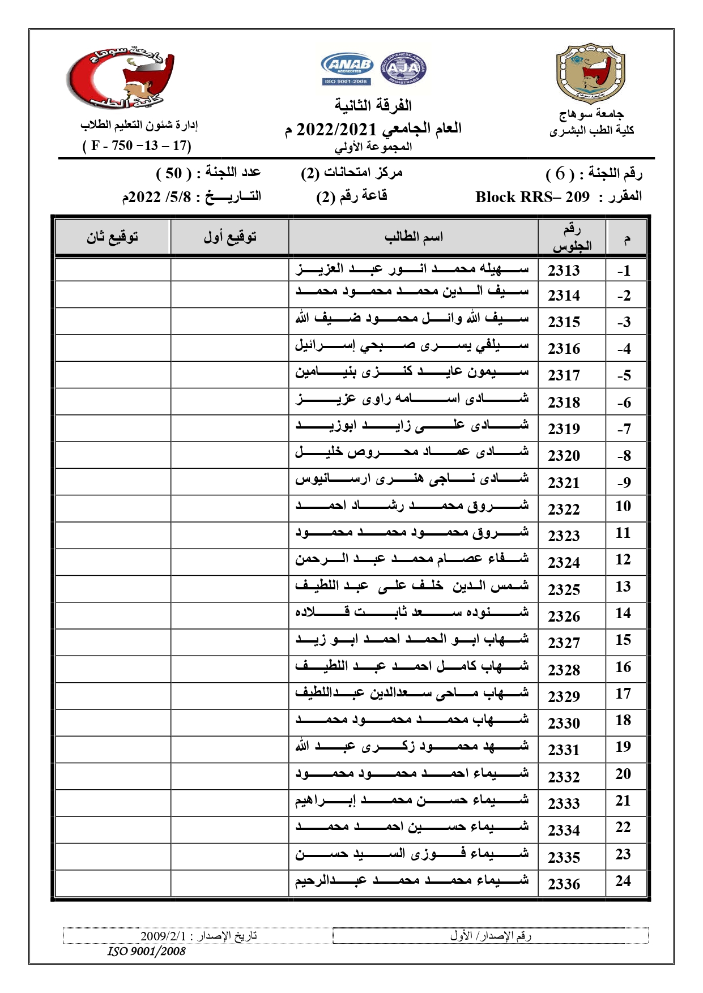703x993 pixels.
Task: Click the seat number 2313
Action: click(564, 271)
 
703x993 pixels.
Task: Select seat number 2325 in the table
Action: click(564, 589)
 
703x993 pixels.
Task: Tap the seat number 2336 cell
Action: click(564, 884)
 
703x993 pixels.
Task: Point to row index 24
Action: click(623, 881)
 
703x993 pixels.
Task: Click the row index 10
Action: click(623, 506)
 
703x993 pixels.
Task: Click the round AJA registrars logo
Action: click(403, 69)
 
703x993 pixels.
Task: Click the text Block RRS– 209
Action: click(532, 197)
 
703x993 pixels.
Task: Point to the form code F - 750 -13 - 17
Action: click(137, 145)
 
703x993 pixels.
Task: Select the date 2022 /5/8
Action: click(154, 197)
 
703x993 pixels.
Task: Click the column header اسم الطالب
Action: click(414, 237)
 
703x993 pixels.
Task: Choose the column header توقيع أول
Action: click(230, 237)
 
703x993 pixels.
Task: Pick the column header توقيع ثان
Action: click(112, 237)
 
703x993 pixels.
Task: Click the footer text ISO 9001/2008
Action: click(146, 951)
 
